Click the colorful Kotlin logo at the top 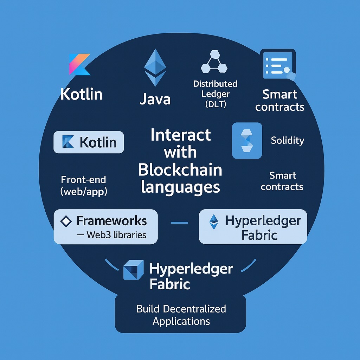click(x=79, y=64)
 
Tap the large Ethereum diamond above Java click(x=155, y=67)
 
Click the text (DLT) click(x=215, y=104)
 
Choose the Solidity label click(x=287, y=141)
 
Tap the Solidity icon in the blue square click(x=247, y=140)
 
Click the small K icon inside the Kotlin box click(x=68, y=142)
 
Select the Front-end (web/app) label click(x=84, y=186)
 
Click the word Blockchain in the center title click(x=180, y=170)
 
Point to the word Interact click(x=181, y=135)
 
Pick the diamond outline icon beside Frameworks click(x=66, y=221)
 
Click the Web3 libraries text click(x=116, y=234)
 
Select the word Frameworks click(x=112, y=221)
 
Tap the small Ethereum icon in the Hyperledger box click(x=213, y=222)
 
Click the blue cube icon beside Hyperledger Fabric click(x=133, y=270)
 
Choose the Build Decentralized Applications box click(x=181, y=315)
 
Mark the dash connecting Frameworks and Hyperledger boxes click(x=179, y=223)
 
